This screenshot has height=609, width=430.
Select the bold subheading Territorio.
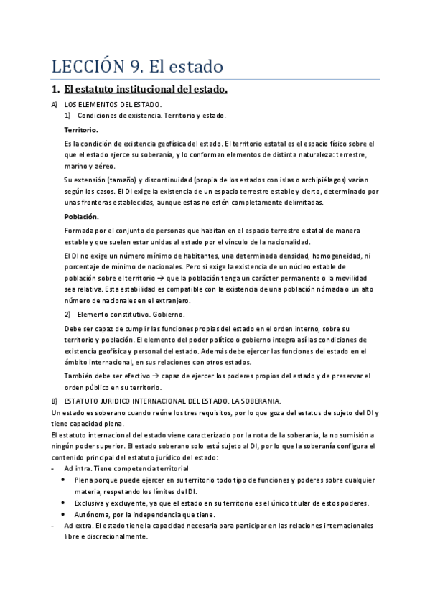click(x=81, y=129)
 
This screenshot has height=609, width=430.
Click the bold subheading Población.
click(x=81, y=216)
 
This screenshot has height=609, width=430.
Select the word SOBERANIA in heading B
click(x=258, y=400)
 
